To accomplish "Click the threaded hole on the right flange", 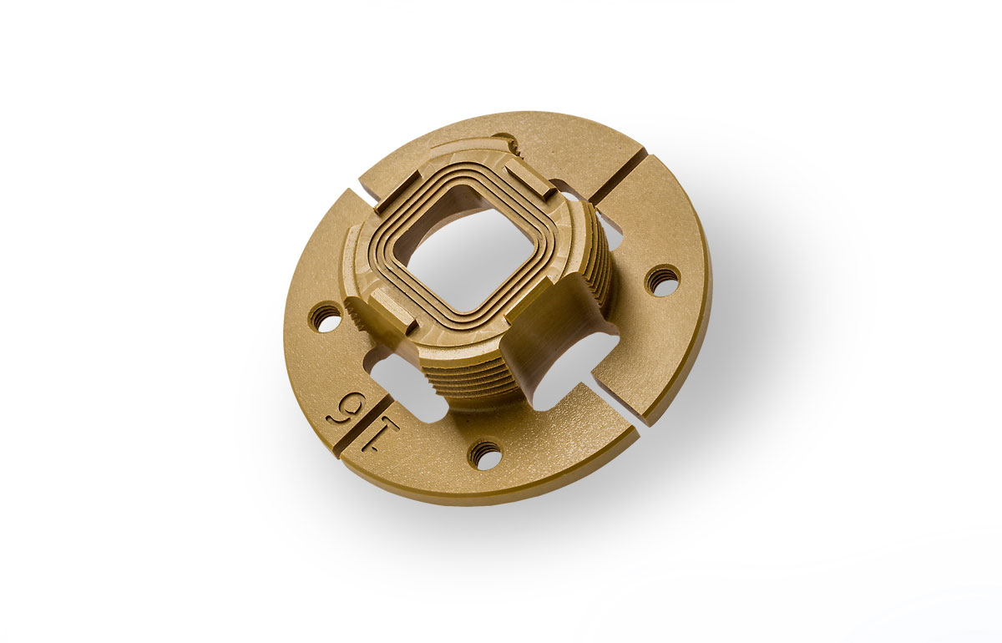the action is [x=662, y=280].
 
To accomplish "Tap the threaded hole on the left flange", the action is [x=326, y=317].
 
